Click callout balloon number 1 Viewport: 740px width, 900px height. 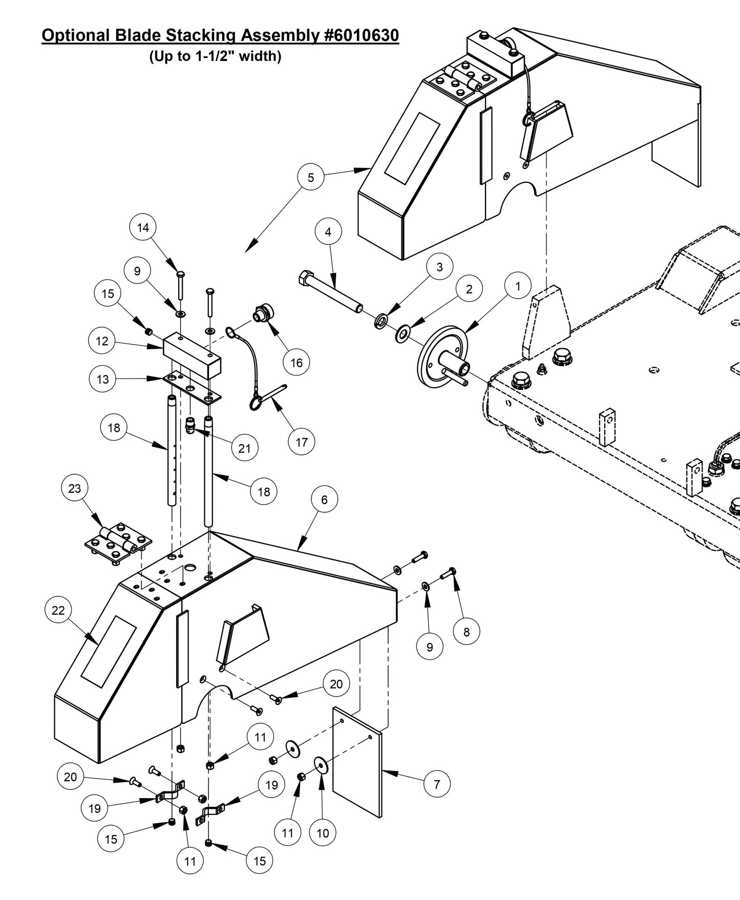517,286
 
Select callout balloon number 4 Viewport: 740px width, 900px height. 328,232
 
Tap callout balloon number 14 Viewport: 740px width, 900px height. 143,227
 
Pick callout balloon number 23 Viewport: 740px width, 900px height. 75,488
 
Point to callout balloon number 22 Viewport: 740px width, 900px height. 58,610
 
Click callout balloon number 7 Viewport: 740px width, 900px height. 437,784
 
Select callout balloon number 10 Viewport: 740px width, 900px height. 323,833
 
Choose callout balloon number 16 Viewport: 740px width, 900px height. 297,363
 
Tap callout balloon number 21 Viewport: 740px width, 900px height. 245,448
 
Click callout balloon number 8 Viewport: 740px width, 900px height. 466,632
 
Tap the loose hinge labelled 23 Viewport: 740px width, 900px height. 119,543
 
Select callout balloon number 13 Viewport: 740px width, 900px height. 102,379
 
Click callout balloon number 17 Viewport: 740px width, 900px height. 301,441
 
